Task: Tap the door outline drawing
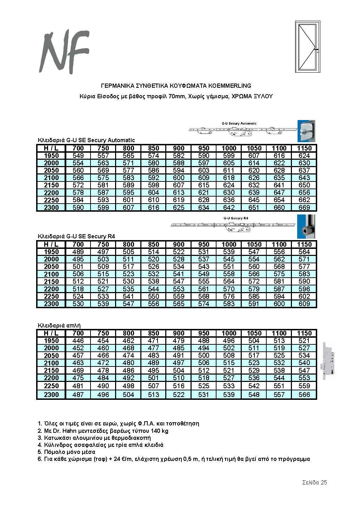pos(308,46)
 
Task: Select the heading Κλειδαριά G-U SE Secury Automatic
pos(86,140)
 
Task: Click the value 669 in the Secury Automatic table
pos(304,207)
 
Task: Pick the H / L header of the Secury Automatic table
pos(51,148)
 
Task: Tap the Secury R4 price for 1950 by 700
pos(78,252)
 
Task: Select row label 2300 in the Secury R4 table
pos(51,304)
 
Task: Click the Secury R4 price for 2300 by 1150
pos(304,304)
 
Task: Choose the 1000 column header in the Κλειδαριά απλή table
pos(229,333)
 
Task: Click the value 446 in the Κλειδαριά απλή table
pos(78,341)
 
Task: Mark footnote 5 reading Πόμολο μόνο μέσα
pos(66,452)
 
